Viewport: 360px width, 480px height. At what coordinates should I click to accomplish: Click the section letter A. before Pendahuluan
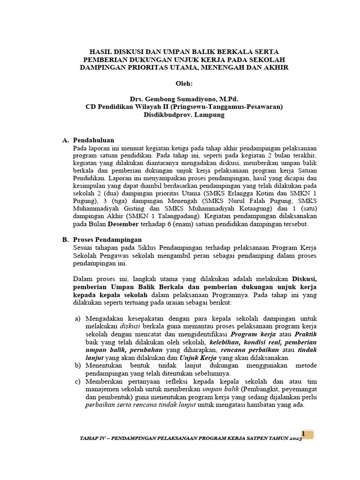coord(65,140)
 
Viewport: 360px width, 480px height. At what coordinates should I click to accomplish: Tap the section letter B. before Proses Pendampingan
coord(65,240)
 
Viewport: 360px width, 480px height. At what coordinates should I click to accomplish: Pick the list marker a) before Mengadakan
coord(78,319)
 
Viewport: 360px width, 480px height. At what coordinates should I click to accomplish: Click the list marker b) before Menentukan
coord(78,365)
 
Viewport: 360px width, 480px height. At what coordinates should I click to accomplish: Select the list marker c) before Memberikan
coord(78,382)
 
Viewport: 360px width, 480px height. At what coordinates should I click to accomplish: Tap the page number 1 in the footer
coord(303,434)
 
